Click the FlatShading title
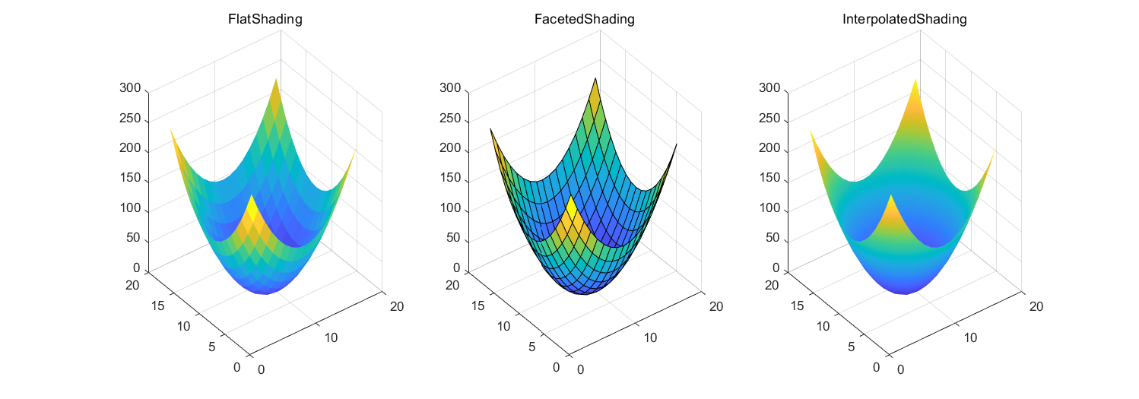click(265, 21)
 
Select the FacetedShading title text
click(585, 21)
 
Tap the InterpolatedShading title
click(904, 21)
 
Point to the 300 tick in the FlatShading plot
click(130, 88)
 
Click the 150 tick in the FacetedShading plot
click(449, 179)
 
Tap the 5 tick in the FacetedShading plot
click(532, 347)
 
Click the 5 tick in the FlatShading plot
click(213, 347)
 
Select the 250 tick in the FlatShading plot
click(130, 119)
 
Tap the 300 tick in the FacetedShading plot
click(449, 88)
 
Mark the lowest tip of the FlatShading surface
click(266, 294)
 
